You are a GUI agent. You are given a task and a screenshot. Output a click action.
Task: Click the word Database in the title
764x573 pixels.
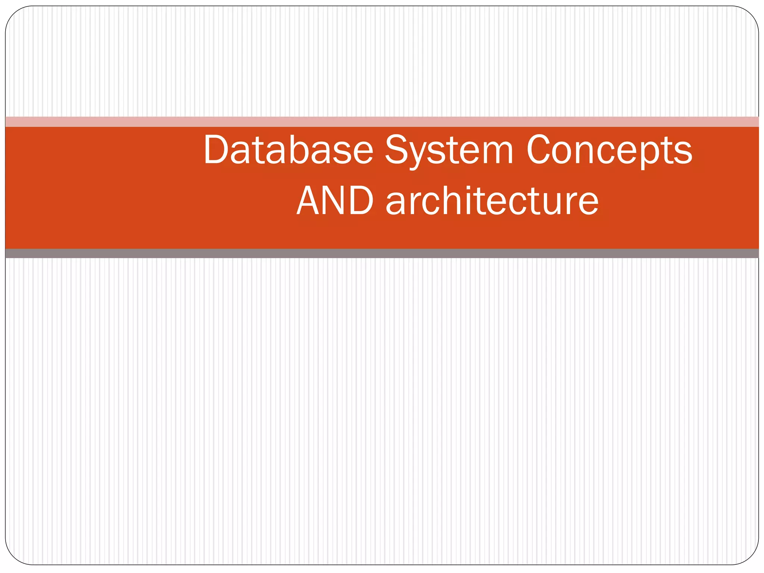point(288,150)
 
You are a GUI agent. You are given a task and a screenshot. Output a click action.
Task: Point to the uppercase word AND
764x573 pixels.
point(335,201)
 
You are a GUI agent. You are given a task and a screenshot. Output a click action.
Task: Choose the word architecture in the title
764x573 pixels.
point(492,201)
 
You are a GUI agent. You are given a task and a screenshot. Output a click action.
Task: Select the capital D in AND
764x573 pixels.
point(361,201)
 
